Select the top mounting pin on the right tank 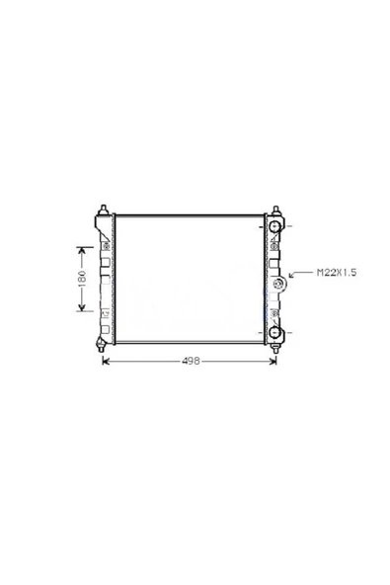[x=276, y=209]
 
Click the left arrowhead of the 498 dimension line [x=106, y=361]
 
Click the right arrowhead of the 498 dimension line [x=273, y=361]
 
